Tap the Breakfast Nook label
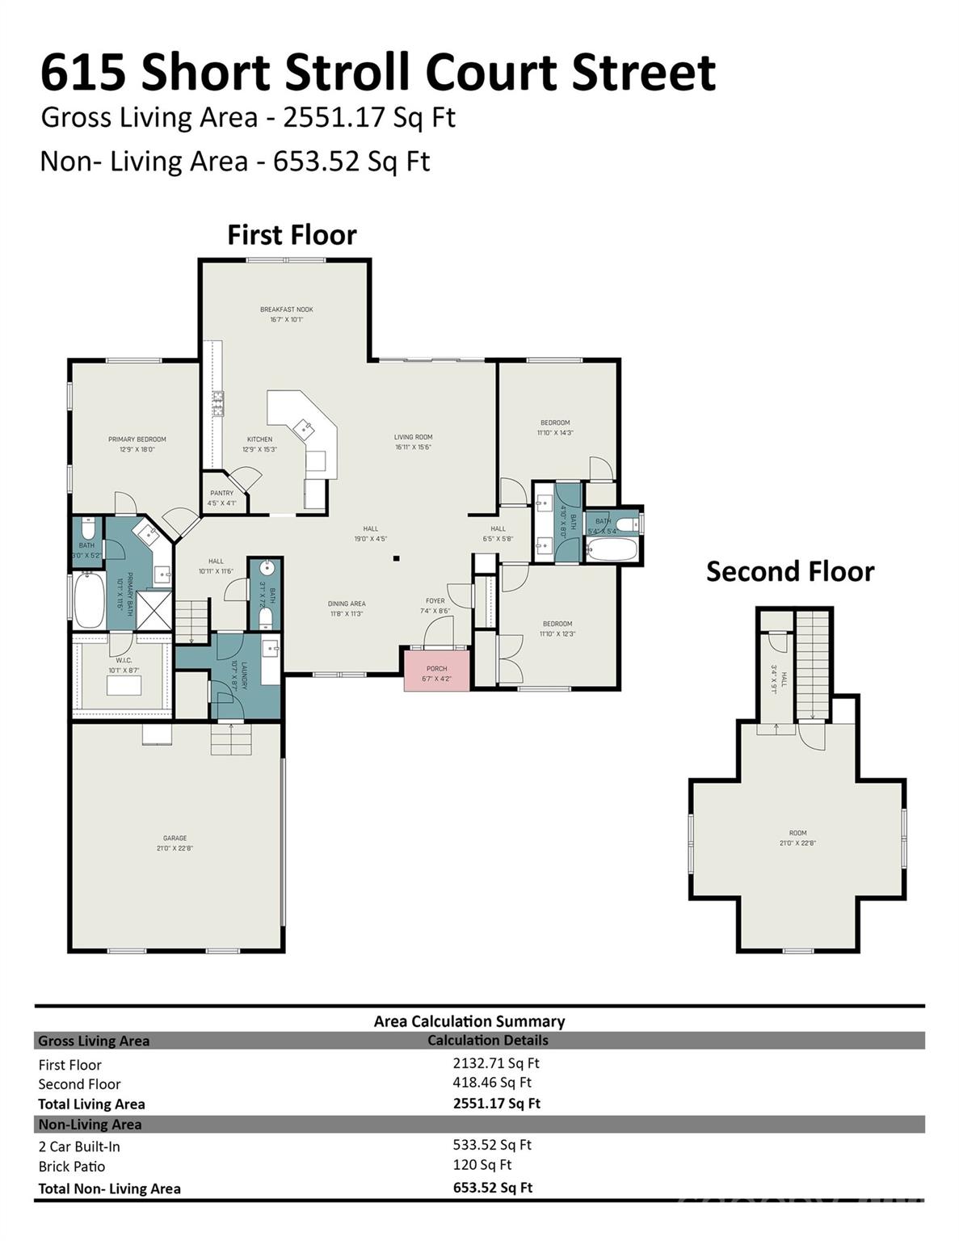point(286,309)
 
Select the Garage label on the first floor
point(175,839)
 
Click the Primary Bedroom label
point(137,440)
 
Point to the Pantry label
point(221,493)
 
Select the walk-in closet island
point(124,685)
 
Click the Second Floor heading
point(789,571)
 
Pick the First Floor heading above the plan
point(292,235)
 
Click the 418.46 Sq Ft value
point(491,1083)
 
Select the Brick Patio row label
point(72,1166)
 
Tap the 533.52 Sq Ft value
point(491,1144)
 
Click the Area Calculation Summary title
point(469,1021)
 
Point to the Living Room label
point(413,437)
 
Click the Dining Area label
point(347,604)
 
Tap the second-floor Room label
point(797,833)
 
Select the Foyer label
point(435,601)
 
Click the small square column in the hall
point(396,557)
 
